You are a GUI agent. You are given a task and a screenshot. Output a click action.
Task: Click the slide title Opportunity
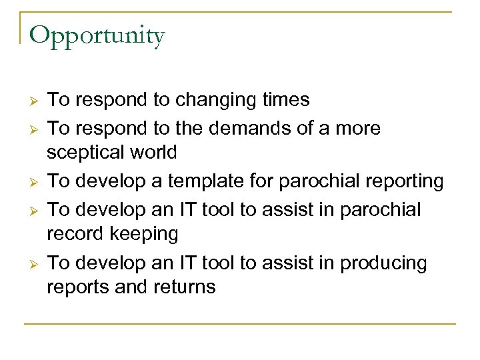[97, 35]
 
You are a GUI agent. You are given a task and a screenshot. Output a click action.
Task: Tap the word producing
[383, 263]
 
